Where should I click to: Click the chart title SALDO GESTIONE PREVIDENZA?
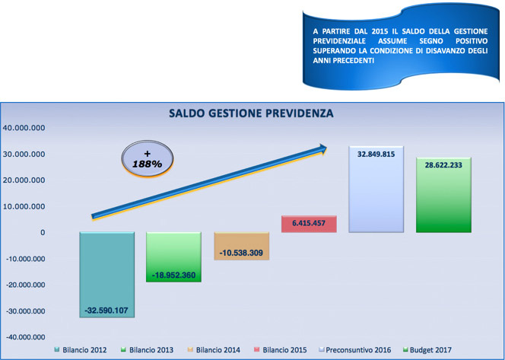(x=251, y=113)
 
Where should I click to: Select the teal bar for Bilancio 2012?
(x=107, y=275)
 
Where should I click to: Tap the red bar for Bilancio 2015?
(x=309, y=224)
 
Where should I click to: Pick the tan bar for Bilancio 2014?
(x=242, y=246)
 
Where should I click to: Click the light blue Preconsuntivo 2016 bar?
(x=376, y=190)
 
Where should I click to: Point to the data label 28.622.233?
(x=443, y=165)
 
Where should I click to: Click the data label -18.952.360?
(x=173, y=276)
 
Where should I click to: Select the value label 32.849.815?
(x=376, y=155)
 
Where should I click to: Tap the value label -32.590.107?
(x=106, y=311)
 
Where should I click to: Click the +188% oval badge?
(x=148, y=158)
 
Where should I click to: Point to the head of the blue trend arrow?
(x=326, y=148)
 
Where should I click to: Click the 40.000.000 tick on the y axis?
(x=24, y=128)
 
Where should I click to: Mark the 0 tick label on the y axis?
(x=43, y=233)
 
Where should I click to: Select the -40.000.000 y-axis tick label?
(x=25, y=337)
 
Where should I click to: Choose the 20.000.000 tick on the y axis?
(x=24, y=180)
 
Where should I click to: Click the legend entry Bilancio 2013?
(x=147, y=350)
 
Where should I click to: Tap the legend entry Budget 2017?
(x=427, y=350)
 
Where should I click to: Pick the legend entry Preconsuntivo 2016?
(x=354, y=350)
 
